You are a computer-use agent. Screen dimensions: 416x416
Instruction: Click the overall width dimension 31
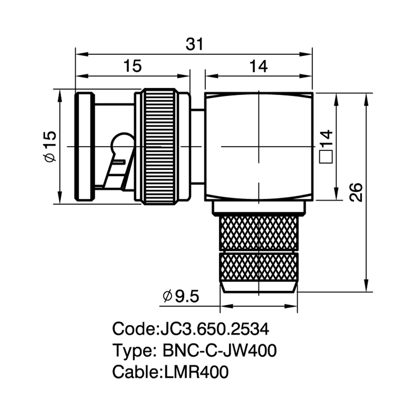(194, 44)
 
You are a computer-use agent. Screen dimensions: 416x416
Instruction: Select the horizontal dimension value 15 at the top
(133, 66)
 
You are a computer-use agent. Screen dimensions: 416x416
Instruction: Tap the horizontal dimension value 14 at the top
(259, 66)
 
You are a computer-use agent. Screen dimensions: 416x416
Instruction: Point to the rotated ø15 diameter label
(50, 146)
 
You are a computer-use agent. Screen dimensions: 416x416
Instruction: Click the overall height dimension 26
(356, 192)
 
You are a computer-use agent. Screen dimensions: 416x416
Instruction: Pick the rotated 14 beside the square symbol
(326, 137)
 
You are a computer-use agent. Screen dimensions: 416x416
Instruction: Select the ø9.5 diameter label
(181, 296)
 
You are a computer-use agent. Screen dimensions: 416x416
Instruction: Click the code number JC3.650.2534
(215, 329)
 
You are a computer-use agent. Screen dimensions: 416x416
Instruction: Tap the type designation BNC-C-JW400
(219, 350)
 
